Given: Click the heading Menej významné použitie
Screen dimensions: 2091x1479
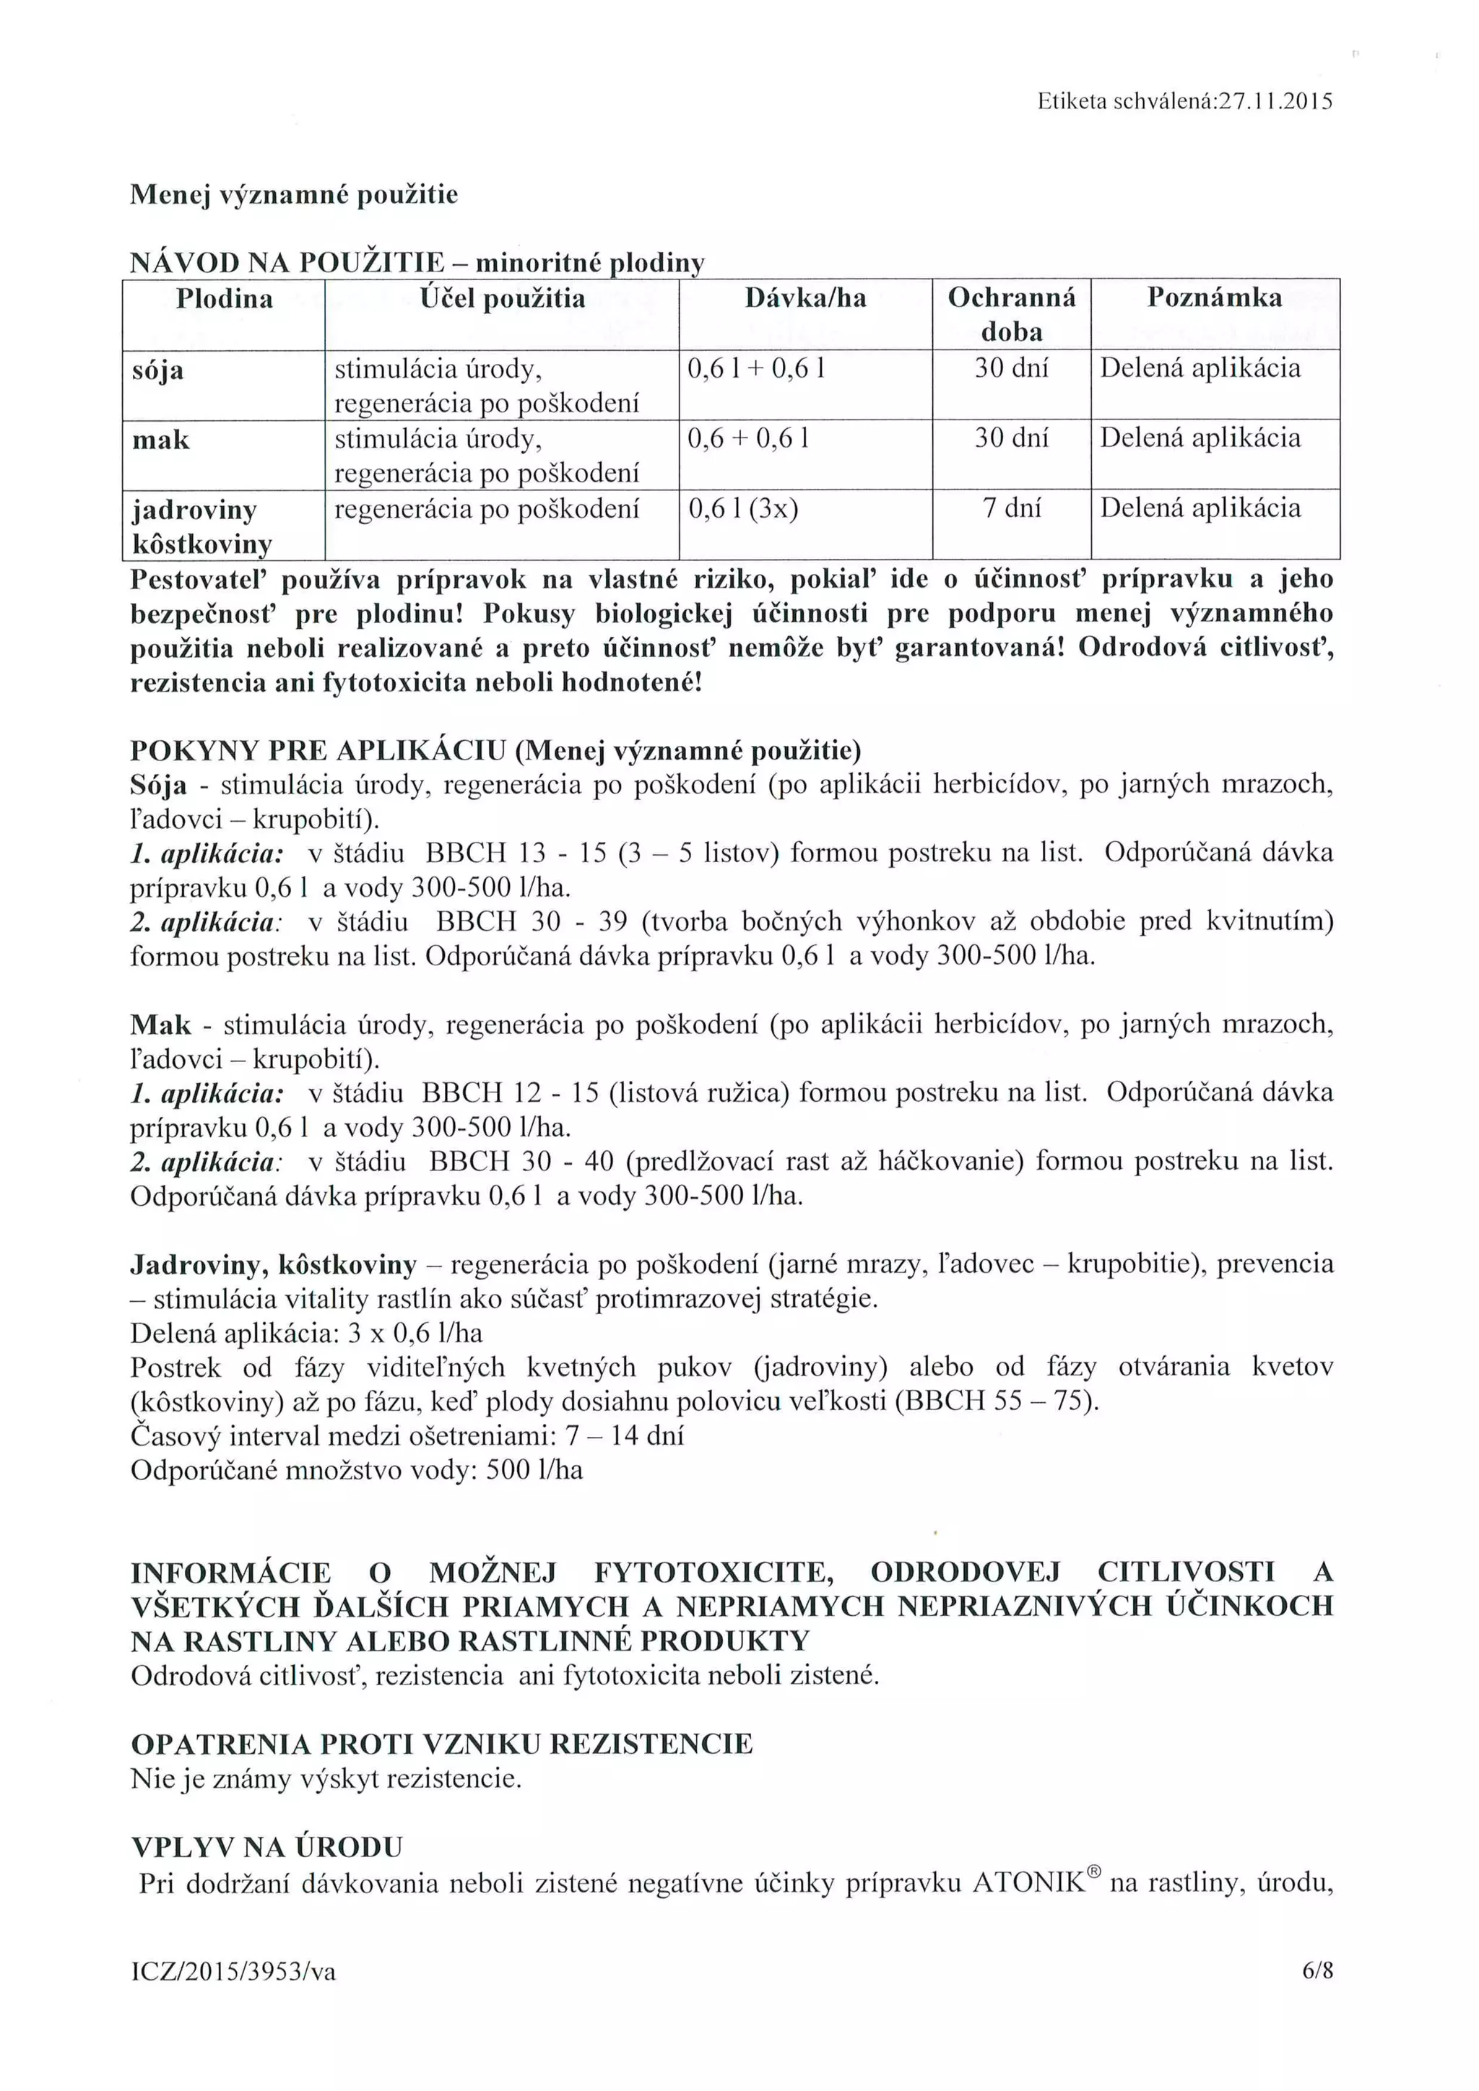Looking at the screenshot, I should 294,195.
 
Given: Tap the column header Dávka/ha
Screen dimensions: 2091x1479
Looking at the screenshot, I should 805,297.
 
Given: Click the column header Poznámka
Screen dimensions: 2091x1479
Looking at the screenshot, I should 1214,297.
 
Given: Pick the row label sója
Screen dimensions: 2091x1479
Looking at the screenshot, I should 158,370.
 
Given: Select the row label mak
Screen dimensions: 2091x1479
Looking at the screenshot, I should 161,440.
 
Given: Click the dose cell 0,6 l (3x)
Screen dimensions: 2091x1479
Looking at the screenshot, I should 742,508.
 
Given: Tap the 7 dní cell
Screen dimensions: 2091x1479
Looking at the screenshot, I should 1011,508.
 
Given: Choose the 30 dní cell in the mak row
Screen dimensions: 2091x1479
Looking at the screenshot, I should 1011,439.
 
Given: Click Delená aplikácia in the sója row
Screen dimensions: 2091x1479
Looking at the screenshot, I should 1200,369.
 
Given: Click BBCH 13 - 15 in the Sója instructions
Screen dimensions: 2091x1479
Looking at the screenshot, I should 516,853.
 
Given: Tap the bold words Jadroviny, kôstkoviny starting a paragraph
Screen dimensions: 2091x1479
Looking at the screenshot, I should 273,1264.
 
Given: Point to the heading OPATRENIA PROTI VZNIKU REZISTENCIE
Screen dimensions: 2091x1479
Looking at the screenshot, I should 442,1744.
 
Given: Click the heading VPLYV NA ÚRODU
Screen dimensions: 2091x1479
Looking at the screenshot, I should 266,1848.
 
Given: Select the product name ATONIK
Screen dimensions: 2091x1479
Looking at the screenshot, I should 1028,1883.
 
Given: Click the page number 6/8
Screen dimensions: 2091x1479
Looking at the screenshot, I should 1317,1971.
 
